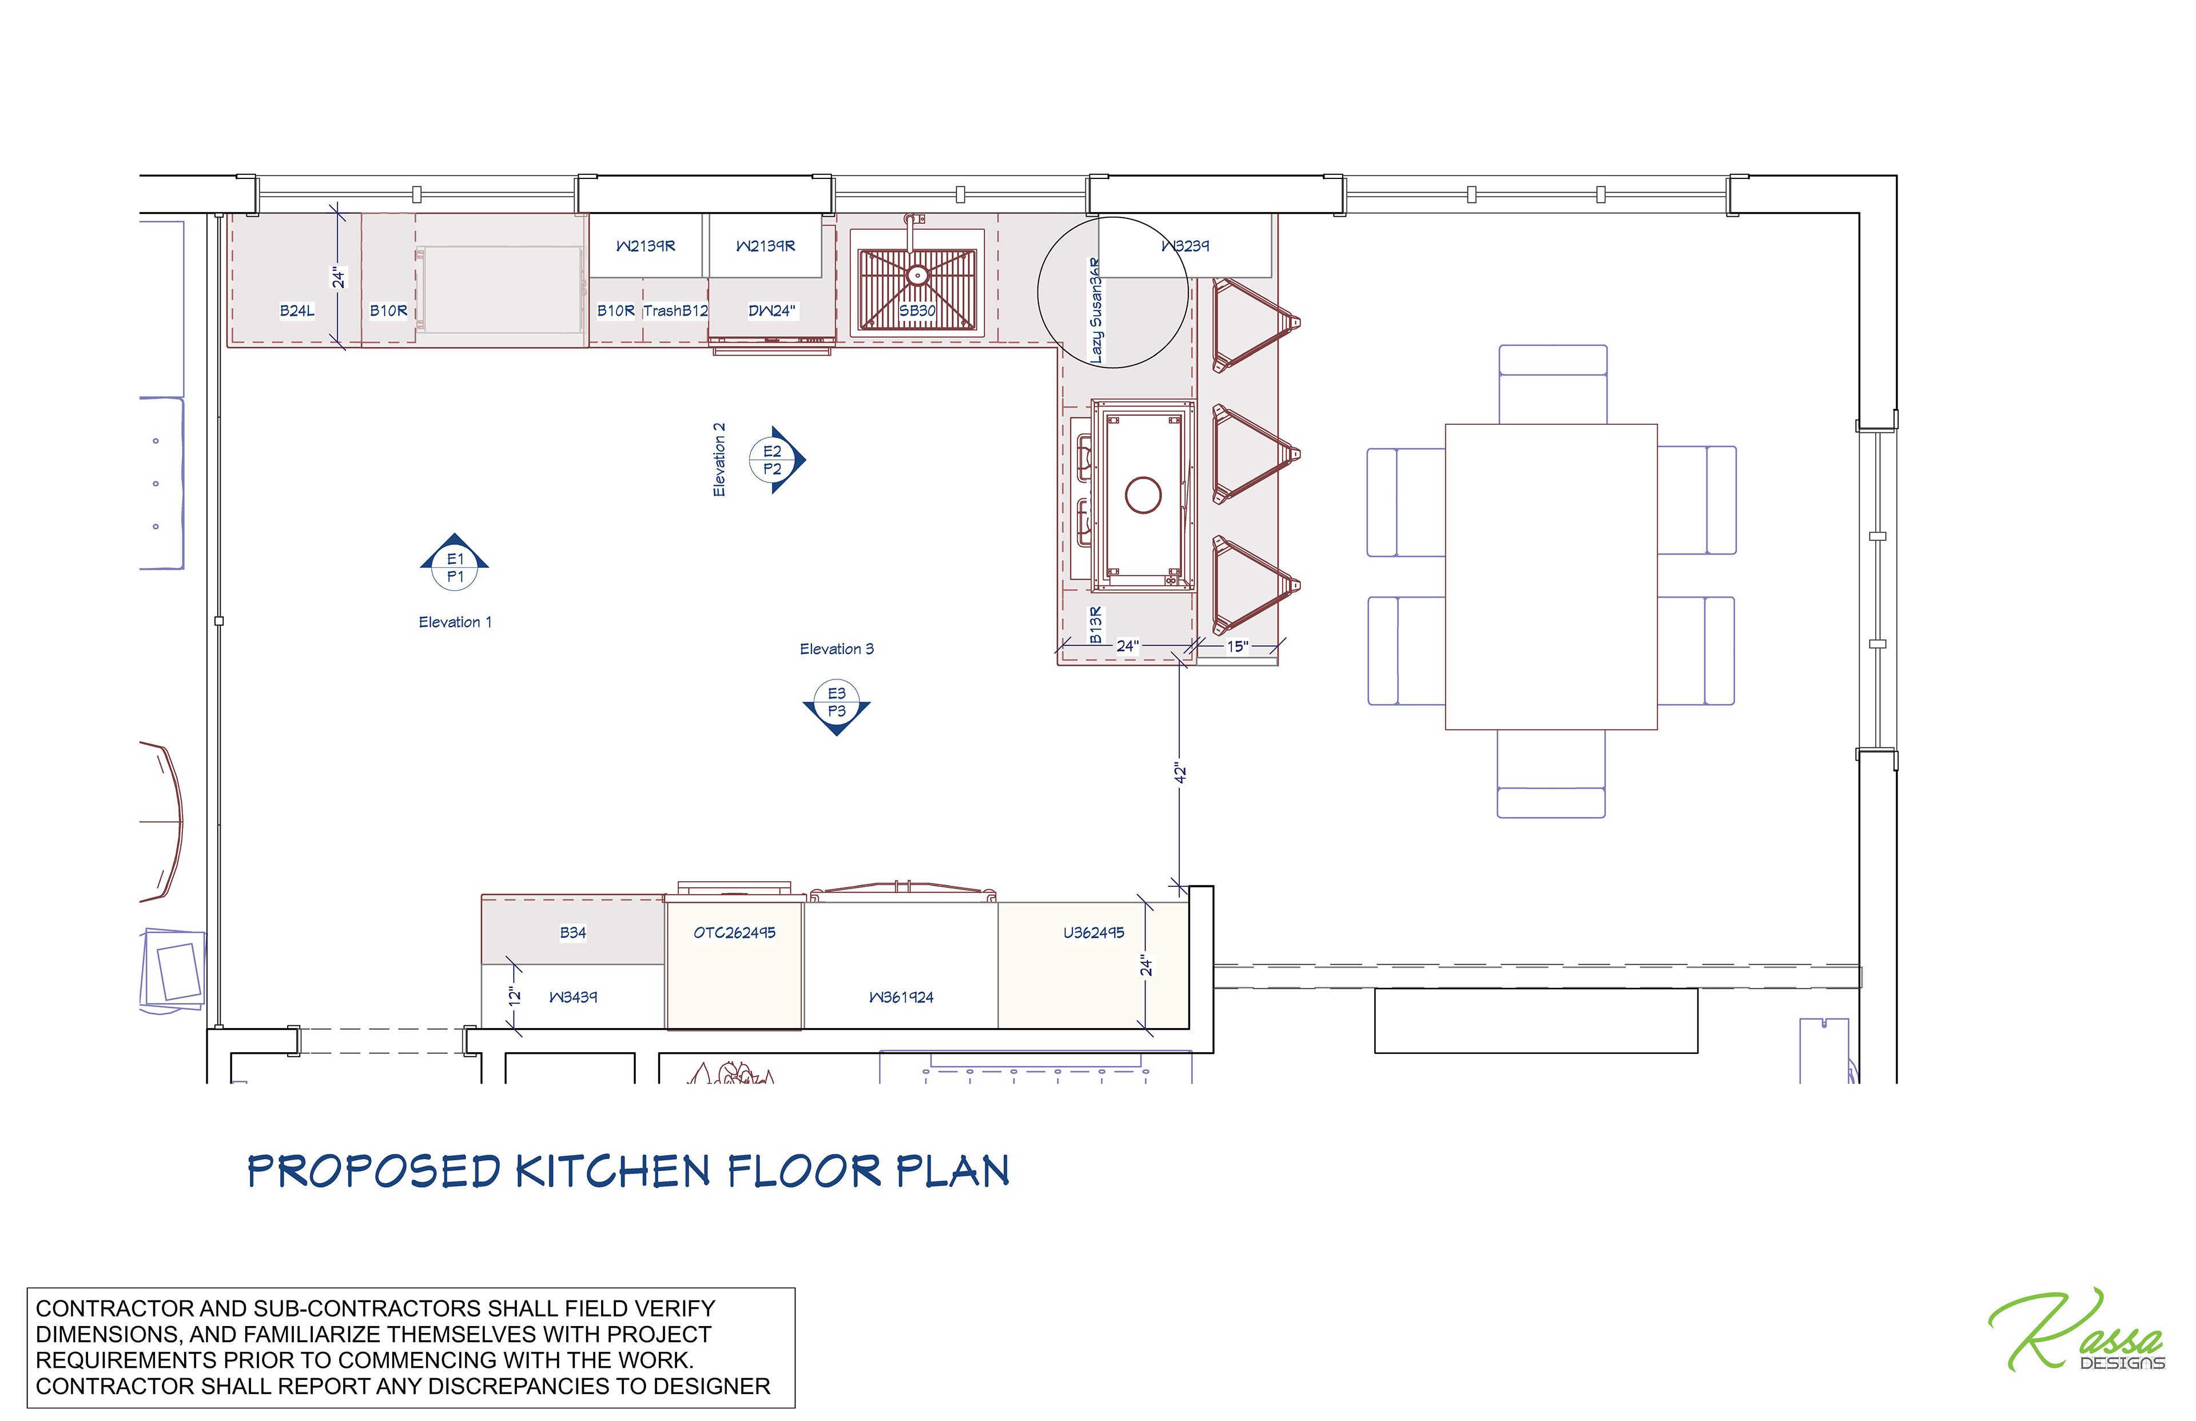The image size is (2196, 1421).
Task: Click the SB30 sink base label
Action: click(917, 311)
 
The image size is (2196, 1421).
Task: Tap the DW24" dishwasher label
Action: click(771, 311)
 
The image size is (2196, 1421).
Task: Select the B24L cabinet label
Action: click(297, 311)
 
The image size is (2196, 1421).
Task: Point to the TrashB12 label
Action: click(675, 311)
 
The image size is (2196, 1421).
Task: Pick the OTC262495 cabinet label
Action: click(734, 933)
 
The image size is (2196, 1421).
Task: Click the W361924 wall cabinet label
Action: click(901, 997)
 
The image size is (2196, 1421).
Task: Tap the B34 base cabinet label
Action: click(573, 933)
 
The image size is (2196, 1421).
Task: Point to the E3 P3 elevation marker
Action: click(837, 706)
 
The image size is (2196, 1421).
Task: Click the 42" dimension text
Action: click(1180, 773)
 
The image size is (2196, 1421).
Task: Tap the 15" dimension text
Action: click(1238, 647)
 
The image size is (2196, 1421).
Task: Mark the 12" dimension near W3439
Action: click(515, 997)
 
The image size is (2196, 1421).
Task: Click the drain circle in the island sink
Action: click(1143, 496)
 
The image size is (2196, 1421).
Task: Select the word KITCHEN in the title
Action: click(612, 1171)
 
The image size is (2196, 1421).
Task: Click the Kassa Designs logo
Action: click(2076, 1331)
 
